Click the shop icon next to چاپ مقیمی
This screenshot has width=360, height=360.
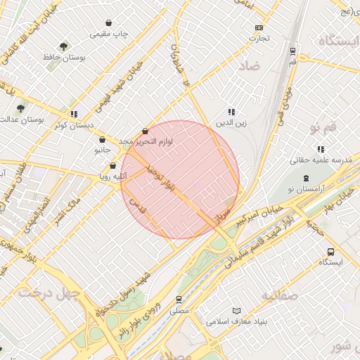coord(108,23)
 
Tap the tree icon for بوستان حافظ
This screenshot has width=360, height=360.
coord(64,47)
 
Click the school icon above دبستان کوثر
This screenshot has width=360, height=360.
coord(73,114)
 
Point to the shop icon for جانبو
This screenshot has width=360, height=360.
coord(103,139)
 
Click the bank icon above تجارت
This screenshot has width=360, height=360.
coord(259,27)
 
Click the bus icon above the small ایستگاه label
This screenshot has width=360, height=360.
coord(330,252)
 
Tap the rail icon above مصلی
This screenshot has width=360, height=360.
coord(179,299)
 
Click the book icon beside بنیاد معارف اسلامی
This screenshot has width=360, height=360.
coord(236,311)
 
